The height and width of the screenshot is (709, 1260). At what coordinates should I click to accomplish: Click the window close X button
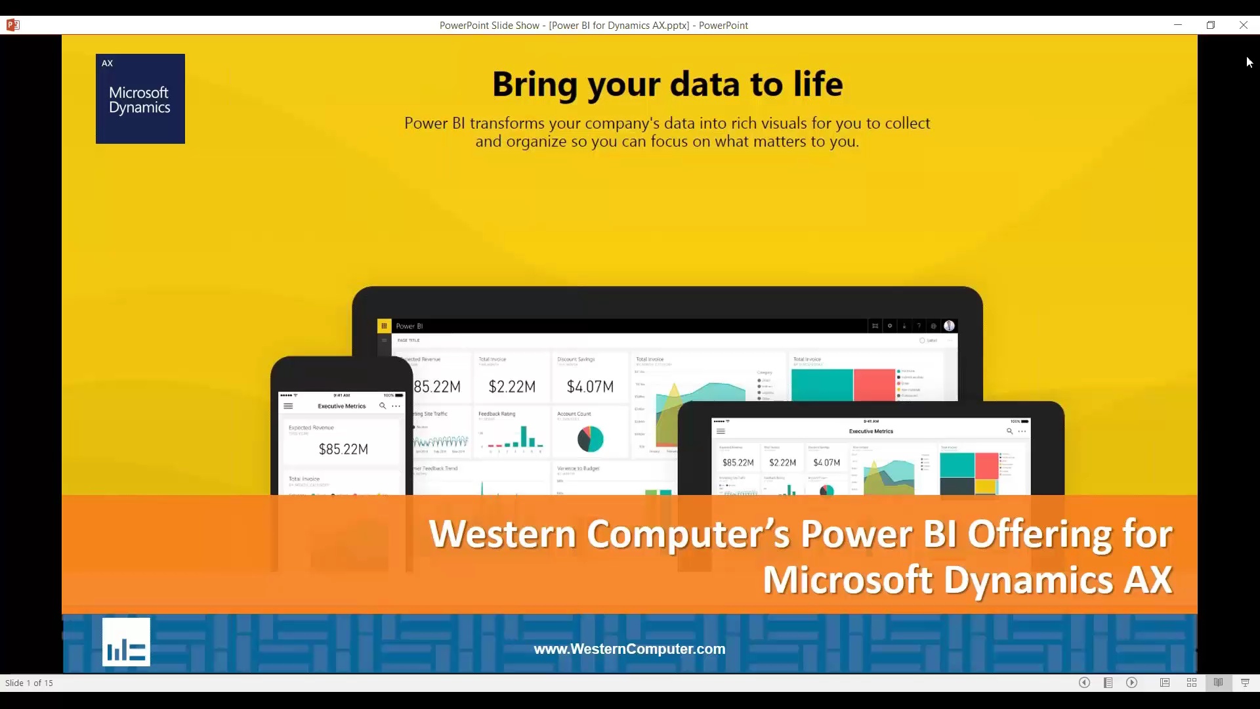1243,25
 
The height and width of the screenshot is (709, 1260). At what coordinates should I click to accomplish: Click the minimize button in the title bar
1178,25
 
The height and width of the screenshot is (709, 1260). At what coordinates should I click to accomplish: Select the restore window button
1211,25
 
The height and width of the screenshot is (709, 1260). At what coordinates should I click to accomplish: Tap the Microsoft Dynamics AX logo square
140,98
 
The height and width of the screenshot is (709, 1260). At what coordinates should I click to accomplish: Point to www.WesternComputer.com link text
629,649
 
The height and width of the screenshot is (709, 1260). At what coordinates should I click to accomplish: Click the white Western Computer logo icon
126,642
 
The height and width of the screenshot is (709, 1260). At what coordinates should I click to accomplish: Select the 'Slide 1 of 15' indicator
29,683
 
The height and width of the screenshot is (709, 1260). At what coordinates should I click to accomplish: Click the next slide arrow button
1132,683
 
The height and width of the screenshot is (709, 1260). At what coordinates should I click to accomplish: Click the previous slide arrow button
1084,683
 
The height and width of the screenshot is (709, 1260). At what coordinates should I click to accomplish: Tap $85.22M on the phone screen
343,449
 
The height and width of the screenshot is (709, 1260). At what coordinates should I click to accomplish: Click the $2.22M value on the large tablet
512,387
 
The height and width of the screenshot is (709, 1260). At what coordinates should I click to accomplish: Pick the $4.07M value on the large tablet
590,387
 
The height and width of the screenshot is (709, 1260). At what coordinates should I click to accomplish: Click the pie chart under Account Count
590,439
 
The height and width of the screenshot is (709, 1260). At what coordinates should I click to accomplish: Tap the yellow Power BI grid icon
384,326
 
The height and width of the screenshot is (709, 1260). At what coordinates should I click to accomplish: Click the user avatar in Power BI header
949,326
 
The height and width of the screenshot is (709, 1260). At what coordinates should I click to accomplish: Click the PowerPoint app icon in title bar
13,25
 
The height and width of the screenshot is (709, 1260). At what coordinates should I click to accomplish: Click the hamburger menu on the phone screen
288,406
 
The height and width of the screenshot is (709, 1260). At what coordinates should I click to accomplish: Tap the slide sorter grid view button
1192,683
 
